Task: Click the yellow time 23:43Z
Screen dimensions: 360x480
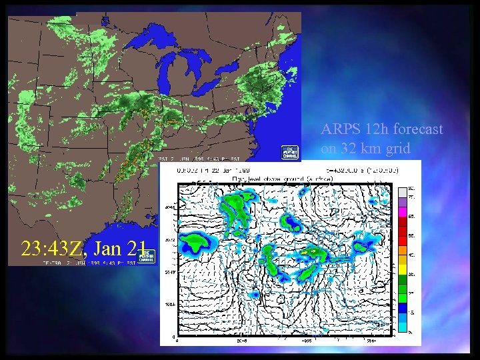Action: [52, 249]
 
